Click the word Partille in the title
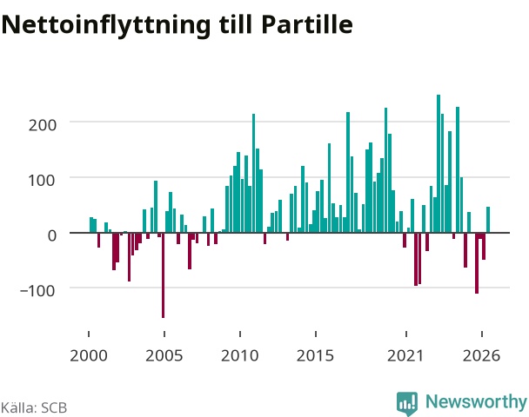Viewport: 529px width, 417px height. point(307,24)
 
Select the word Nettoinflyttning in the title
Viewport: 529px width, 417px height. point(106,26)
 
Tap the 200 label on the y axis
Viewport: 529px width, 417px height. point(43,125)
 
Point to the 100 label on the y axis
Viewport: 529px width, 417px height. point(43,181)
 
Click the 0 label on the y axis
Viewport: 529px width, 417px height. point(52,235)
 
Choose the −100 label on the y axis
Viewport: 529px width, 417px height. point(37,291)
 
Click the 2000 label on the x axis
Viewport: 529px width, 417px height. point(89,355)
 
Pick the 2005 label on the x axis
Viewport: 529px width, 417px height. point(164,355)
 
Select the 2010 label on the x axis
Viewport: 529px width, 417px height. point(240,355)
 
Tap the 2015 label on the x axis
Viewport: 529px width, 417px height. point(316,355)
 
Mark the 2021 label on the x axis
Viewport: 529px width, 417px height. point(405,355)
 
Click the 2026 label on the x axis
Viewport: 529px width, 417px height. point(482,355)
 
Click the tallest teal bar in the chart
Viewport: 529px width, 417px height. point(439,163)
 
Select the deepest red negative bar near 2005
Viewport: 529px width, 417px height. point(163,275)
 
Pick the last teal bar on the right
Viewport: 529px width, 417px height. point(488,220)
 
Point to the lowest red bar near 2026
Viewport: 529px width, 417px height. point(477,263)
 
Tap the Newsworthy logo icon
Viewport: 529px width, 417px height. point(407,403)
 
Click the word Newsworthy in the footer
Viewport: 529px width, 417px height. point(476,401)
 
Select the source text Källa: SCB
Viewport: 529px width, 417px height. point(34,407)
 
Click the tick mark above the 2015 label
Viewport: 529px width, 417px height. point(316,334)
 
